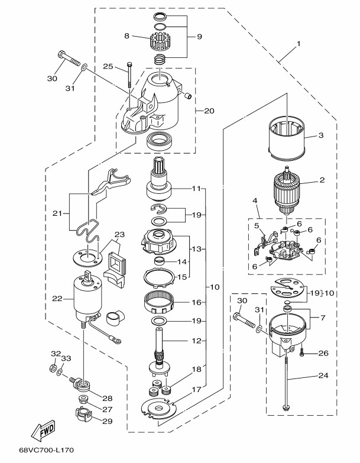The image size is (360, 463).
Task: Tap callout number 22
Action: click(x=57, y=299)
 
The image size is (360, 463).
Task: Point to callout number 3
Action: click(x=321, y=135)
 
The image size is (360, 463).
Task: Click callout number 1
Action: click(x=299, y=43)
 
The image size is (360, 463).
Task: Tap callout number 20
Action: click(x=209, y=110)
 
